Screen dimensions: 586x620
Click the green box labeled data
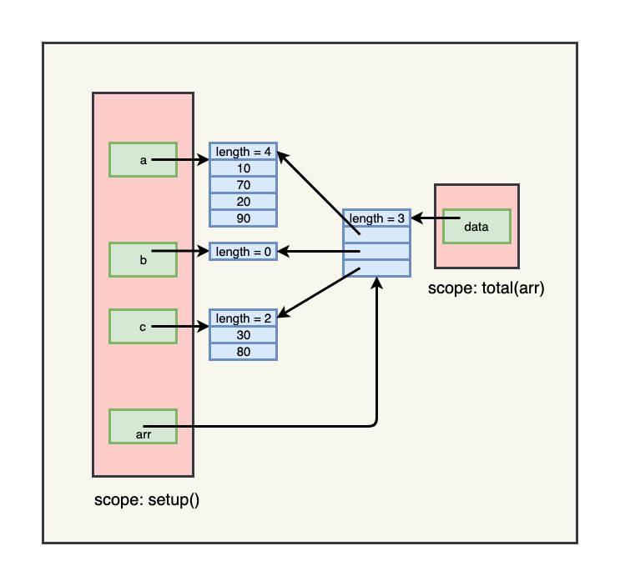(x=476, y=226)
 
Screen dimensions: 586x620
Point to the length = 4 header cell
(x=243, y=151)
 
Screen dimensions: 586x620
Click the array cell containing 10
(x=243, y=168)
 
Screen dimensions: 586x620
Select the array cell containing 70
(x=243, y=184)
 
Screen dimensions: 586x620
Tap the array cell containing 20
(x=243, y=201)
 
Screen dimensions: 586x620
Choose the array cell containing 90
(x=243, y=218)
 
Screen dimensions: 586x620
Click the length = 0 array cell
(x=243, y=251)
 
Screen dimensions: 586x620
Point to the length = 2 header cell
(x=243, y=318)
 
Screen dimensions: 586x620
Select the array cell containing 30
(x=243, y=334)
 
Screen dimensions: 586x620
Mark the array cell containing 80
(x=243, y=351)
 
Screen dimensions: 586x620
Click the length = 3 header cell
(x=376, y=218)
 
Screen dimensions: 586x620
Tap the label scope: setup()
(x=146, y=500)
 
